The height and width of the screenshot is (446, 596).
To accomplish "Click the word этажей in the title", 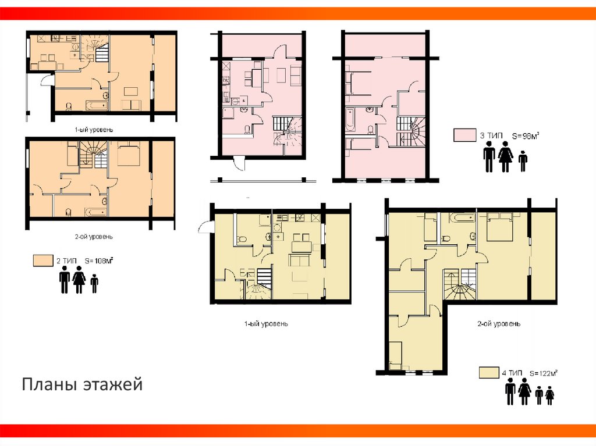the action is (x=113, y=385).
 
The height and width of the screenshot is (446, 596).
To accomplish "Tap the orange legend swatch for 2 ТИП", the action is (x=43, y=261).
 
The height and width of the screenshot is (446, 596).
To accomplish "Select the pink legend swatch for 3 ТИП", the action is (x=464, y=135).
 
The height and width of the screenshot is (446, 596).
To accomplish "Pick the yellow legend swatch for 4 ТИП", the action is (x=489, y=372).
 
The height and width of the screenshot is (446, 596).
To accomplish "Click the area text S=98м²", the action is (x=526, y=135).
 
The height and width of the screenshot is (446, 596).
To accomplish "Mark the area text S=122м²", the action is (x=543, y=373).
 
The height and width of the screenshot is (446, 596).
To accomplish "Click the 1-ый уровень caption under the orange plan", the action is (x=94, y=130).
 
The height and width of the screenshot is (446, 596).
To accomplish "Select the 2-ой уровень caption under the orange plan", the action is (x=94, y=237).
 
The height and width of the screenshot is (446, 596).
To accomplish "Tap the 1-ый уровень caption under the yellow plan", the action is (x=266, y=324).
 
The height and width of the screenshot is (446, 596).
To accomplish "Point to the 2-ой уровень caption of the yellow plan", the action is (x=499, y=324).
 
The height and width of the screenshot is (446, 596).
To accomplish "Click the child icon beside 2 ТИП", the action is (x=94, y=283).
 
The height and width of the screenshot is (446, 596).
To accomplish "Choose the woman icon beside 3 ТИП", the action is (x=506, y=156).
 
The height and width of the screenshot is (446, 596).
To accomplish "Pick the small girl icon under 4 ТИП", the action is (x=549, y=395).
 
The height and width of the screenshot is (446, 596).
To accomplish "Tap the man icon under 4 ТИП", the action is (x=510, y=391).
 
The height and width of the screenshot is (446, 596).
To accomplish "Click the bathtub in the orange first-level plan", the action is (x=97, y=105).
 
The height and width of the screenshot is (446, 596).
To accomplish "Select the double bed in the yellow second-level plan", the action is (x=500, y=227).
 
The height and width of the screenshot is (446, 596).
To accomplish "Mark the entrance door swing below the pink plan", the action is (x=239, y=164).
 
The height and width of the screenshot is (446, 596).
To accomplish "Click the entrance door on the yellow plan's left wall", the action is (x=204, y=227).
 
